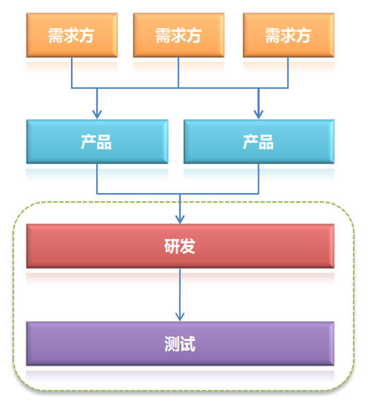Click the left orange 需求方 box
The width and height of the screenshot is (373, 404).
[x=71, y=35]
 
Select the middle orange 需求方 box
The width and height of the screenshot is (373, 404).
[x=178, y=35]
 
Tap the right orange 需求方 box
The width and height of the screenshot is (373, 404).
[x=288, y=35]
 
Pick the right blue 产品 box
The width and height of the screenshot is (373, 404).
[x=259, y=141]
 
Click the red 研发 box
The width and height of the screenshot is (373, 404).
[x=180, y=246]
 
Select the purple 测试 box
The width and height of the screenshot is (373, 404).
[x=180, y=344]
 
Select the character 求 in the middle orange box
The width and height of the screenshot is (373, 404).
[x=178, y=35]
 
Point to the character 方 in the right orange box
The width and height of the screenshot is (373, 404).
[x=303, y=35]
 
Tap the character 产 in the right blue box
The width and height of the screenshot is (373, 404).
[x=250, y=142]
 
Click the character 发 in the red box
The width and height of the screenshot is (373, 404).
[x=188, y=247]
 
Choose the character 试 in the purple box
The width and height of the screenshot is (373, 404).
[x=188, y=344]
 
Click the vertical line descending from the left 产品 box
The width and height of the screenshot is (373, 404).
[x=97, y=179]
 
